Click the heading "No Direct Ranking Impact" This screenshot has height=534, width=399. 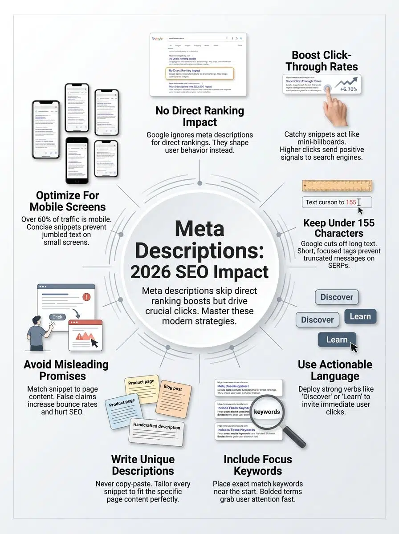[199, 116]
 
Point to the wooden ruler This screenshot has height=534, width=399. [337, 186]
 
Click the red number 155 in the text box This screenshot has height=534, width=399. [351, 202]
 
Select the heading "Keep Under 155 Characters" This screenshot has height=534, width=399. [339, 228]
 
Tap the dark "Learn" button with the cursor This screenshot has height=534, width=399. [337, 340]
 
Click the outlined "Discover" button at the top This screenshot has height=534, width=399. [337, 297]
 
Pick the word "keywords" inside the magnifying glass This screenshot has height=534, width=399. [267, 412]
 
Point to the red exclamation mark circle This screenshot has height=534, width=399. [86, 297]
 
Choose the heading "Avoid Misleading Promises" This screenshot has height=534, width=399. [66, 370]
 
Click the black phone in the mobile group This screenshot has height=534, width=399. [77, 160]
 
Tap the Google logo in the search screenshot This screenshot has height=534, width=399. [157, 39]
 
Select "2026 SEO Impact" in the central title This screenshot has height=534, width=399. [199, 271]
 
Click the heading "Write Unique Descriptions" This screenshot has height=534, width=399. [143, 465]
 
